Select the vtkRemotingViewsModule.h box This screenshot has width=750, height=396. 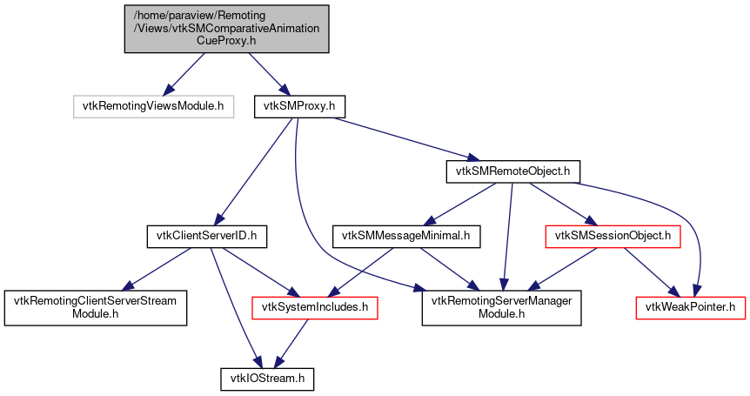pyautogui.click(x=153, y=106)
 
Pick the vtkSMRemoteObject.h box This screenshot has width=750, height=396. pyautogui.click(x=512, y=171)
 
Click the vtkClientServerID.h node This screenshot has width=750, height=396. pyautogui.click(x=206, y=235)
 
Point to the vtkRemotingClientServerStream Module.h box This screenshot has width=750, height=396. pyautogui.click(x=96, y=306)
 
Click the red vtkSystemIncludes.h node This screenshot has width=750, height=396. pyautogui.click(x=314, y=306)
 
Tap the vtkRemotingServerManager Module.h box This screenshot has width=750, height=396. pyautogui.click(x=501, y=306)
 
